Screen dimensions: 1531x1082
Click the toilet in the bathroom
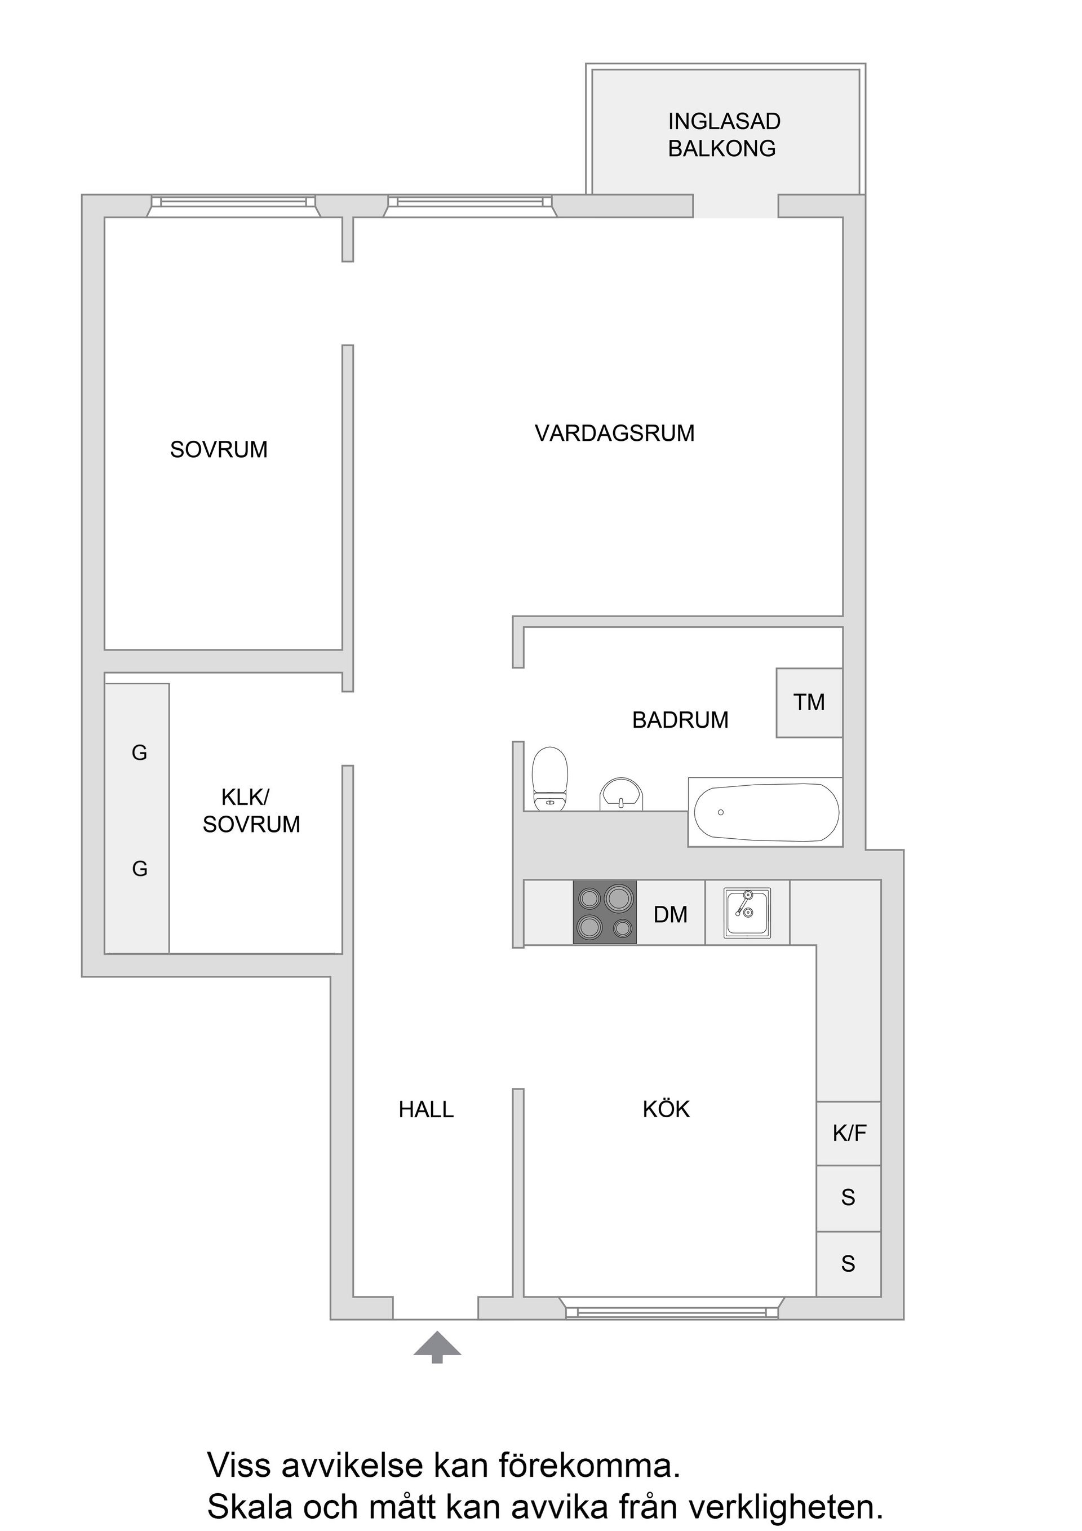pos(550,777)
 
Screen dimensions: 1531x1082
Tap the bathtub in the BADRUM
pos(766,812)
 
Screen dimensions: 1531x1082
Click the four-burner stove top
pos(605,912)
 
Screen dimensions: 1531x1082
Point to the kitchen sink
pos(747,911)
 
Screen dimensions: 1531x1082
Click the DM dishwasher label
pos(670,914)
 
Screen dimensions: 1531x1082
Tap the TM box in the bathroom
pos(809,702)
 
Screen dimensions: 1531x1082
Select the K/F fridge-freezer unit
pos(849,1133)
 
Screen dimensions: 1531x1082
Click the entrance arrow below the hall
pos(437,1347)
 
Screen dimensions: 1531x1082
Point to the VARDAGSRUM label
pos(614,433)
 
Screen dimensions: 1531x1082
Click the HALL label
pos(426,1109)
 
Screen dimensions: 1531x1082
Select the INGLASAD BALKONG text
pos(724,135)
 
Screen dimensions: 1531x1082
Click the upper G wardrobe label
pos(139,753)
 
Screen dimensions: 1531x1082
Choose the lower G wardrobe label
pos(139,869)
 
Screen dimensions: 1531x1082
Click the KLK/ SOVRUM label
pos(251,811)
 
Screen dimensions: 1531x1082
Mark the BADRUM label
pos(680,720)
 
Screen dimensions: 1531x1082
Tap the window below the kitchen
pos(671,1312)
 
